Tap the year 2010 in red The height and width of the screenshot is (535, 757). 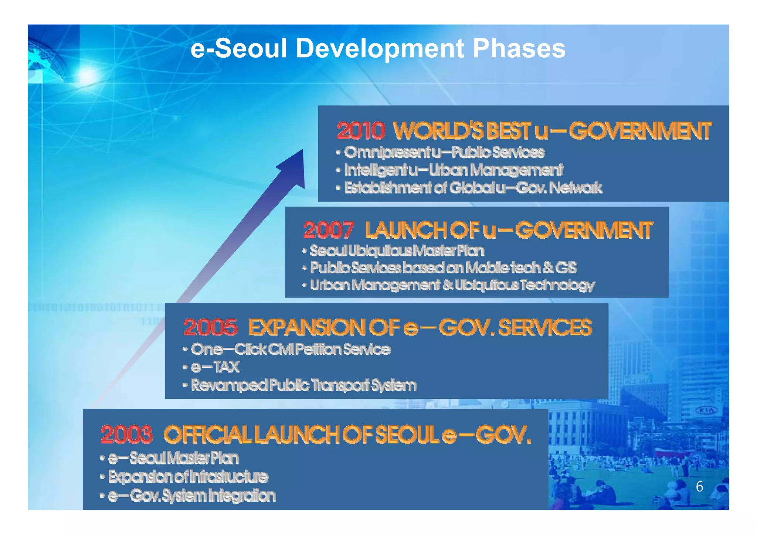click(x=361, y=131)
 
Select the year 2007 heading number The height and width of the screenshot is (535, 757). click(x=328, y=230)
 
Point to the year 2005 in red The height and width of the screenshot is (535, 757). click(x=210, y=327)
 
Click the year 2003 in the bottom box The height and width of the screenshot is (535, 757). click(x=126, y=435)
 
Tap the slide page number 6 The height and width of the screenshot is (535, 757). click(x=699, y=487)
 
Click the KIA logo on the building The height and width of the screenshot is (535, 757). click(x=706, y=410)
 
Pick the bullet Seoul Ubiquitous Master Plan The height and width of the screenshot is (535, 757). click(x=397, y=251)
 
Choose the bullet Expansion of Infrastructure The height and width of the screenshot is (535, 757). click(x=188, y=477)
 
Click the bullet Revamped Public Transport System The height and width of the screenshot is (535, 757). click(x=303, y=385)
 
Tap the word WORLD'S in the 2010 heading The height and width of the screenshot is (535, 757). click(x=438, y=131)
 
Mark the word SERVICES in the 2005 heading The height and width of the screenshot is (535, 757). click(x=545, y=327)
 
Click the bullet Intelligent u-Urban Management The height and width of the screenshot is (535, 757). click(x=453, y=170)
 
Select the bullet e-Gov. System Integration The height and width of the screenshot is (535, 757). click(x=191, y=496)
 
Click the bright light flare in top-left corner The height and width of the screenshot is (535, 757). click(x=87, y=76)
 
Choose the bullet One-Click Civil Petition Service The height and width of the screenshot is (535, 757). click(x=291, y=349)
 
